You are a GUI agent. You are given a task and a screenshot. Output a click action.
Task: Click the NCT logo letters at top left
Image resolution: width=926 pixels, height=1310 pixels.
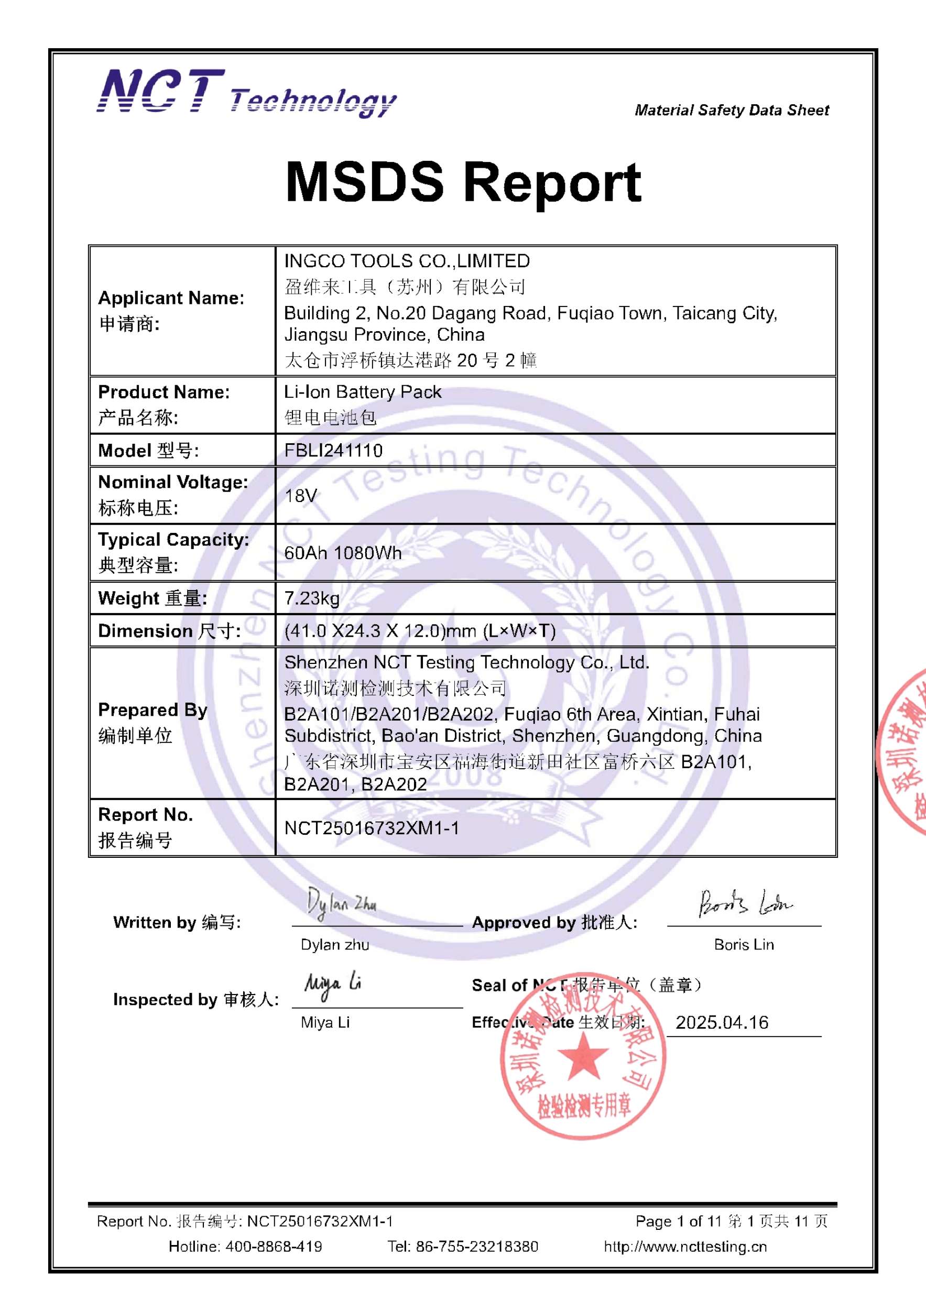pos(161,91)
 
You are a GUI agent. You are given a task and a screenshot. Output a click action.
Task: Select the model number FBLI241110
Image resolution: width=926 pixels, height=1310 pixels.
pos(333,451)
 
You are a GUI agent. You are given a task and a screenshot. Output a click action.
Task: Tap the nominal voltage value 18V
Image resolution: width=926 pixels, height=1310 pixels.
pos(300,495)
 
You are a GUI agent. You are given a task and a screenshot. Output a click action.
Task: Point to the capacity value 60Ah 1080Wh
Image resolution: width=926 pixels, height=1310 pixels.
pos(342,553)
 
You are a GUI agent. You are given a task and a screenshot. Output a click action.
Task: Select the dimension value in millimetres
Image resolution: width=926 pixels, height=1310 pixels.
pos(419,631)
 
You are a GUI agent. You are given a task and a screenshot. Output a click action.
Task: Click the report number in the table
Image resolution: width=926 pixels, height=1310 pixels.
pos(372,828)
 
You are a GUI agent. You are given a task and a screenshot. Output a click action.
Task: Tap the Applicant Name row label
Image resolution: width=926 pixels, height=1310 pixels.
pos(171,298)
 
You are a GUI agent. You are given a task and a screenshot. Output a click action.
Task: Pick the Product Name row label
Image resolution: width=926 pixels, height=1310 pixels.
pos(164,392)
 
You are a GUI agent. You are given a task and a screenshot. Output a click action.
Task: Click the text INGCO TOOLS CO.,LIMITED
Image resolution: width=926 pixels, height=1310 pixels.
pos(407,261)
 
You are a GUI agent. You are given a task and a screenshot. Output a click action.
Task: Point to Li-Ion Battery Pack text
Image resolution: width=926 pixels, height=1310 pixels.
pos(362,392)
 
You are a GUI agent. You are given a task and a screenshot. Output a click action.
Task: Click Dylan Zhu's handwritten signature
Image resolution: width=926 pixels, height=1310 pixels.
pos(341,904)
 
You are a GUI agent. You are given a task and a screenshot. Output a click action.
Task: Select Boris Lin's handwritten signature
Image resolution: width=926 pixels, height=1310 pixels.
pos(744,903)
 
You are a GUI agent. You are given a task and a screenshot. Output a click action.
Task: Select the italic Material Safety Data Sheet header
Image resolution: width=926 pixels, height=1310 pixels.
pos(732,110)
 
